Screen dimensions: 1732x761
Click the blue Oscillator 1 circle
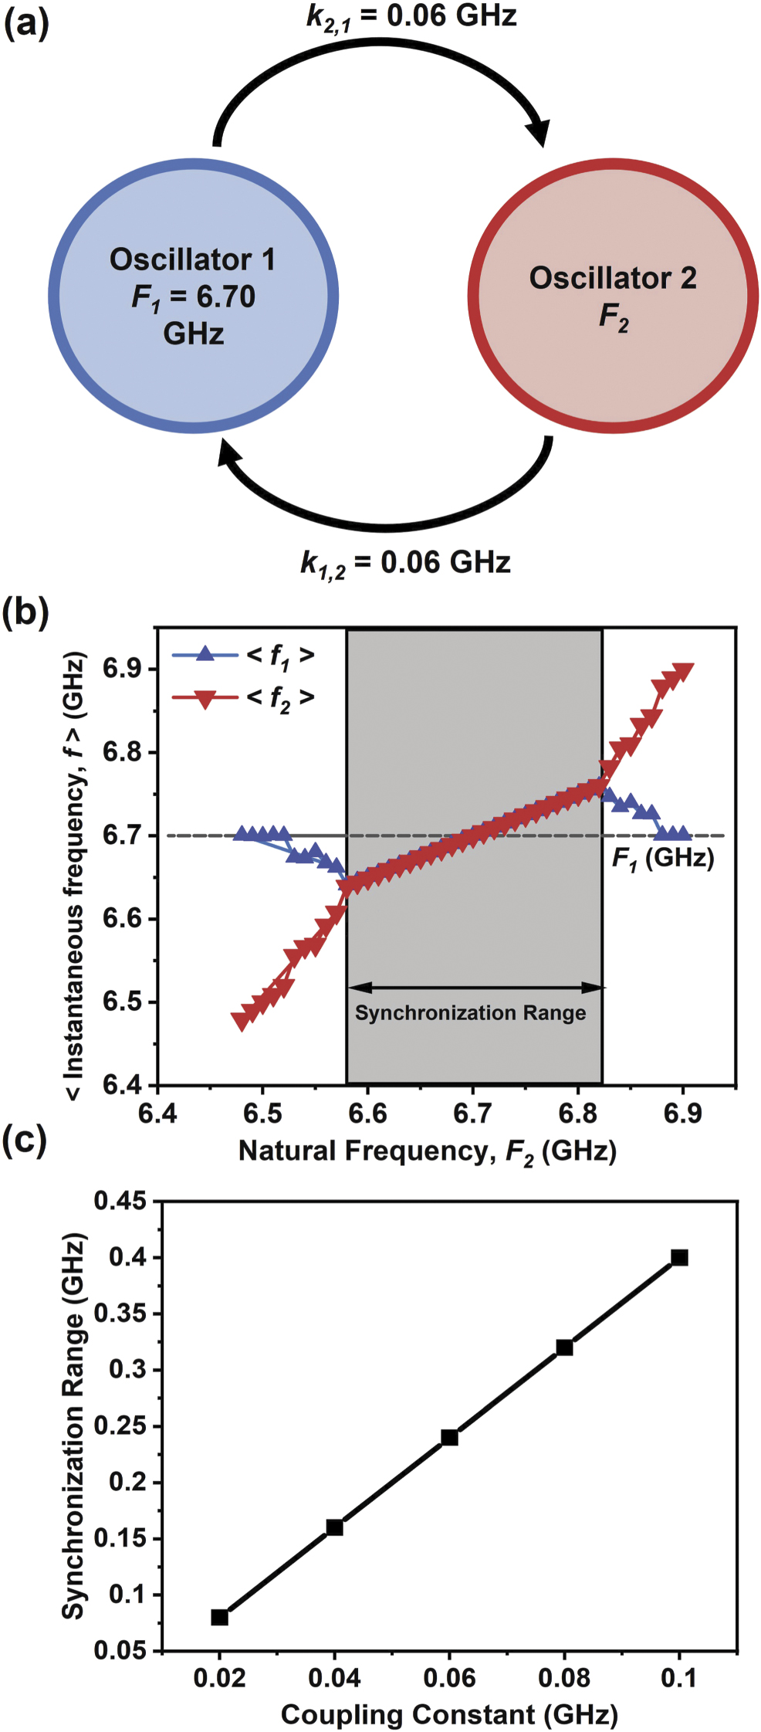(x=193, y=297)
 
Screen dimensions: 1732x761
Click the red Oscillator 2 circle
(x=613, y=297)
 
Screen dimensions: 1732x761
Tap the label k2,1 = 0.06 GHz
(x=411, y=16)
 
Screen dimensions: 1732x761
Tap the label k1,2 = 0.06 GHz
(x=405, y=563)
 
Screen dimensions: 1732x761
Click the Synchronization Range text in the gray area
(x=470, y=1013)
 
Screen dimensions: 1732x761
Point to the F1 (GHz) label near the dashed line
(x=662, y=859)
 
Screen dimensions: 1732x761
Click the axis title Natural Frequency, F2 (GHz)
(x=427, y=1151)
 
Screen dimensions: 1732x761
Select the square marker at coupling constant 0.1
(x=679, y=1258)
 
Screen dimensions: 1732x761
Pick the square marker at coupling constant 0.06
(x=449, y=1438)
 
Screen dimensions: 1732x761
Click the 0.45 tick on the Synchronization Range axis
(x=120, y=1202)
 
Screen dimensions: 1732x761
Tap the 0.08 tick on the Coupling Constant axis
(x=564, y=1677)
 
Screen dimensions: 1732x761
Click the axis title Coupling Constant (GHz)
(x=449, y=1714)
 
